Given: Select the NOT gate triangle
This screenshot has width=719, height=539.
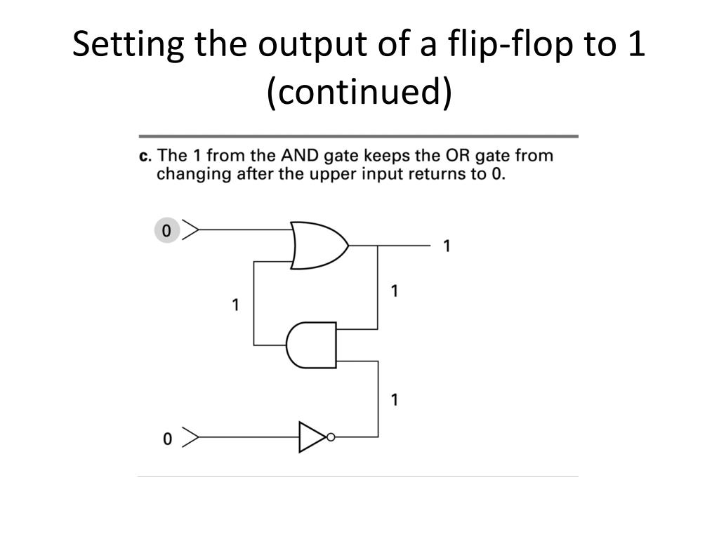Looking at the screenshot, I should pyautogui.click(x=312, y=437).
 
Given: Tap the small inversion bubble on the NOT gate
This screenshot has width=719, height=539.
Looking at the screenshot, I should pyautogui.click(x=331, y=437).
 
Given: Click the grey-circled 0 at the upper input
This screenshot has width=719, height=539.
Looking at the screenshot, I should pyautogui.click(x=166, y=229).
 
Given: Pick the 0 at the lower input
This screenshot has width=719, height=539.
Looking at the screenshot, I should pyautogui.click(x=167, y=439).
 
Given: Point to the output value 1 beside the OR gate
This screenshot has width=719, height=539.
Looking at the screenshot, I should pyautogui.click(x=446, y=246).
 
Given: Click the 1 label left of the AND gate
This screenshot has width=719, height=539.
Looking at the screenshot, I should pyautogui.click(x=236, y=305).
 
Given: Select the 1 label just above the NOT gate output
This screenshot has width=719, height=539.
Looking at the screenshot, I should pyautogui.click(x=395, y=400).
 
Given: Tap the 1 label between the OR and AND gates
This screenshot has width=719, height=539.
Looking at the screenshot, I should pyautogui.click(x=395, y=291).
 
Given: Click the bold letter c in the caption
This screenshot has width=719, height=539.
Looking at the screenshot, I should pyautogui.click(x=145, y=155).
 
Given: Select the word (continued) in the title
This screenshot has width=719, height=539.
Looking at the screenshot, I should pyautogui.click(x=359, y=93).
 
